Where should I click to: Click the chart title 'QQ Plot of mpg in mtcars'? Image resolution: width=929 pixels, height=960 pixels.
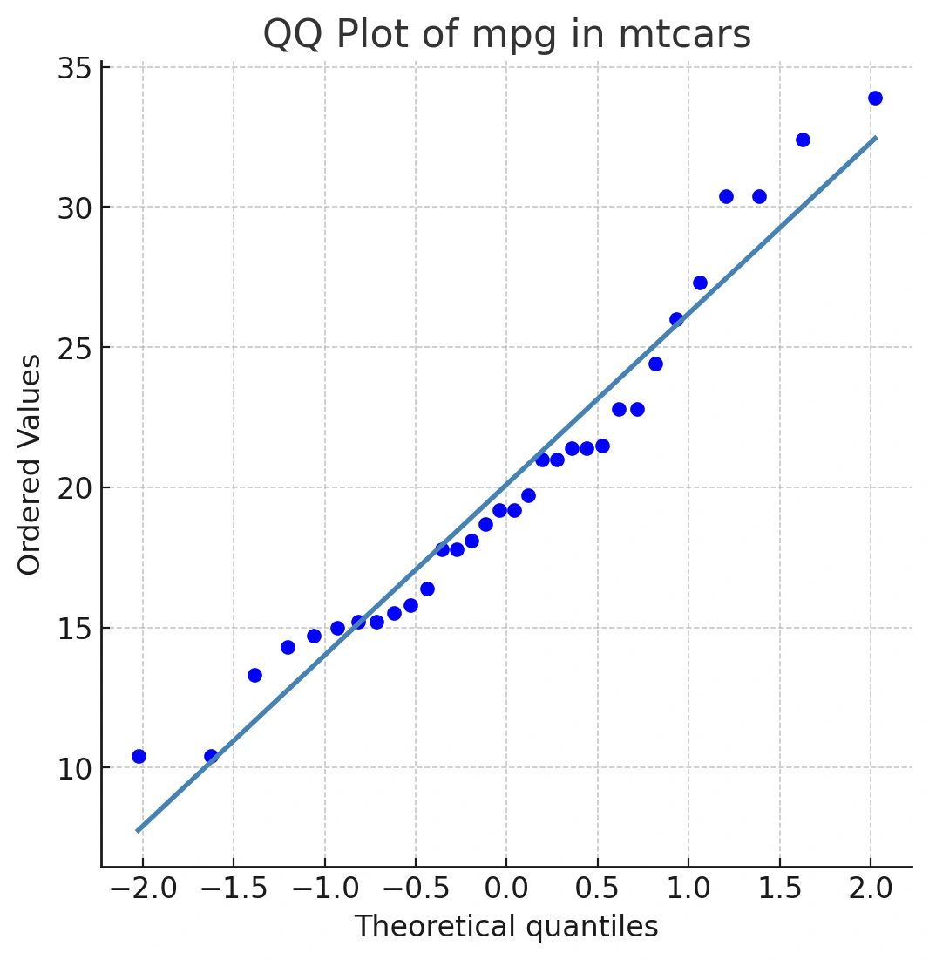tap(506, 34)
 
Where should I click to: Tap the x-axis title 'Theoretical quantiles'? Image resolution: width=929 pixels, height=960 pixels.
tap(506, 926)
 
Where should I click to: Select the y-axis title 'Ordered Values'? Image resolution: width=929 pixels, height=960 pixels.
tap(29, 465)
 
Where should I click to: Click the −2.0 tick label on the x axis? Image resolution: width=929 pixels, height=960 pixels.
tap(143, 889)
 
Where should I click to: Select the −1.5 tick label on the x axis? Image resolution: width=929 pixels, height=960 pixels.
tap(234, 889)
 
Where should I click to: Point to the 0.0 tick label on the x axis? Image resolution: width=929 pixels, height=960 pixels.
tap(506, 889)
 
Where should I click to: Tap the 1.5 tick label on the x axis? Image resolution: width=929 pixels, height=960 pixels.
tap(780, 889)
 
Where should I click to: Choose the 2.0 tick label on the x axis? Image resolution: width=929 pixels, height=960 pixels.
tap(871, 889)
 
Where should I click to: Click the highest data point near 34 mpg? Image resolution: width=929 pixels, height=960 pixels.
tap(875, 98)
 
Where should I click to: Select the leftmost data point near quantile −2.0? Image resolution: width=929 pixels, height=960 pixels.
tap(139, 756)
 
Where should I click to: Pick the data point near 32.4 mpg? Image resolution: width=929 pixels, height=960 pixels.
tap(803, 140)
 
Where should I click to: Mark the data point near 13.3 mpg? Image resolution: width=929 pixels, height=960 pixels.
tap(254, 675)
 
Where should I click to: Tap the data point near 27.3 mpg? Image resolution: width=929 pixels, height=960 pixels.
tap(700, 283)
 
